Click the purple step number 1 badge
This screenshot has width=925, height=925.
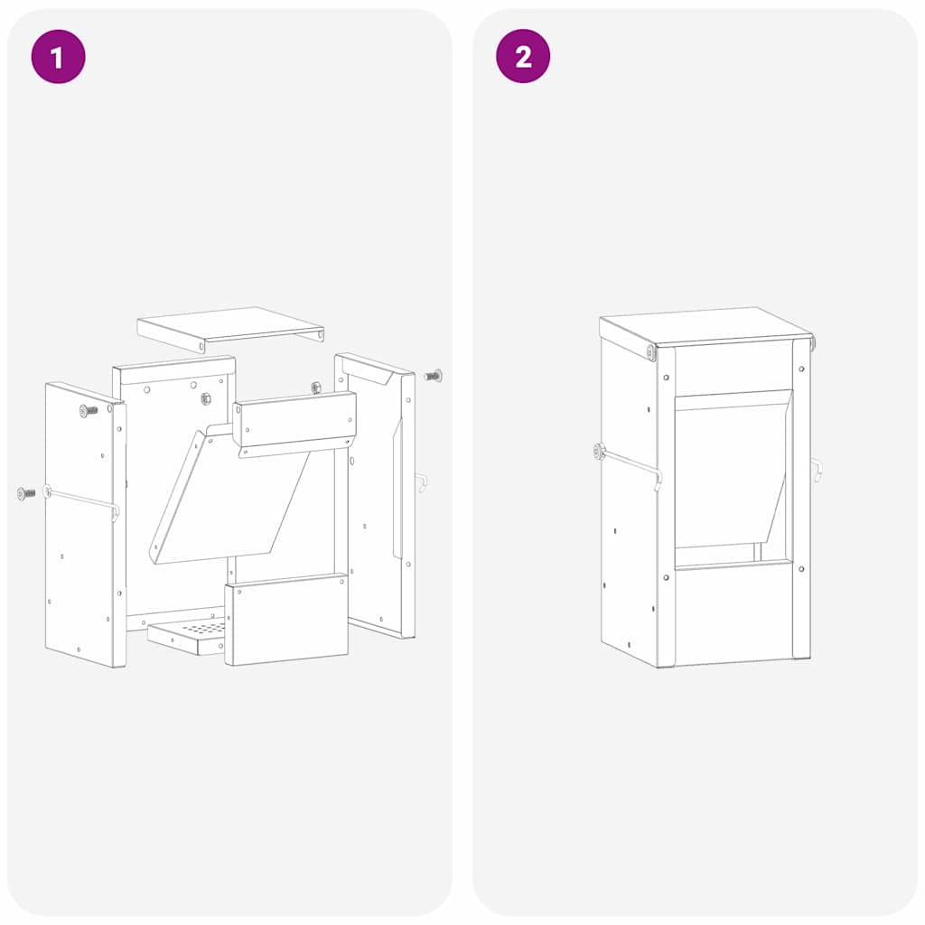click(x=58, y=57)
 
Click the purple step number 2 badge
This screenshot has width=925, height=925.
click(x=523, y=57)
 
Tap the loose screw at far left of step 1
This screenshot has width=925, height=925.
click(x=25, y=493)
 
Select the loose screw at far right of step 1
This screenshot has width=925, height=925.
click(x=433, y=374)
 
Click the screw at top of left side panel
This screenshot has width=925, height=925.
click(x=88, y=411)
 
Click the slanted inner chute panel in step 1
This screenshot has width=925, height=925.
click(x=226, y=497)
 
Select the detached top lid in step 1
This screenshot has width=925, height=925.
click(x=230, y=325)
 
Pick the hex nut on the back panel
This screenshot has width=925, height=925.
click(x=206, y=397)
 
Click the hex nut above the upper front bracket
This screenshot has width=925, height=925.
click(x=316, y=388)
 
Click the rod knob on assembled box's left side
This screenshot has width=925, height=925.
click(x=599, y=451)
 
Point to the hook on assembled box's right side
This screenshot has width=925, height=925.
click(x=817, y=470)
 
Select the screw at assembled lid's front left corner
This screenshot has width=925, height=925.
click(x=649, y=352)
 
